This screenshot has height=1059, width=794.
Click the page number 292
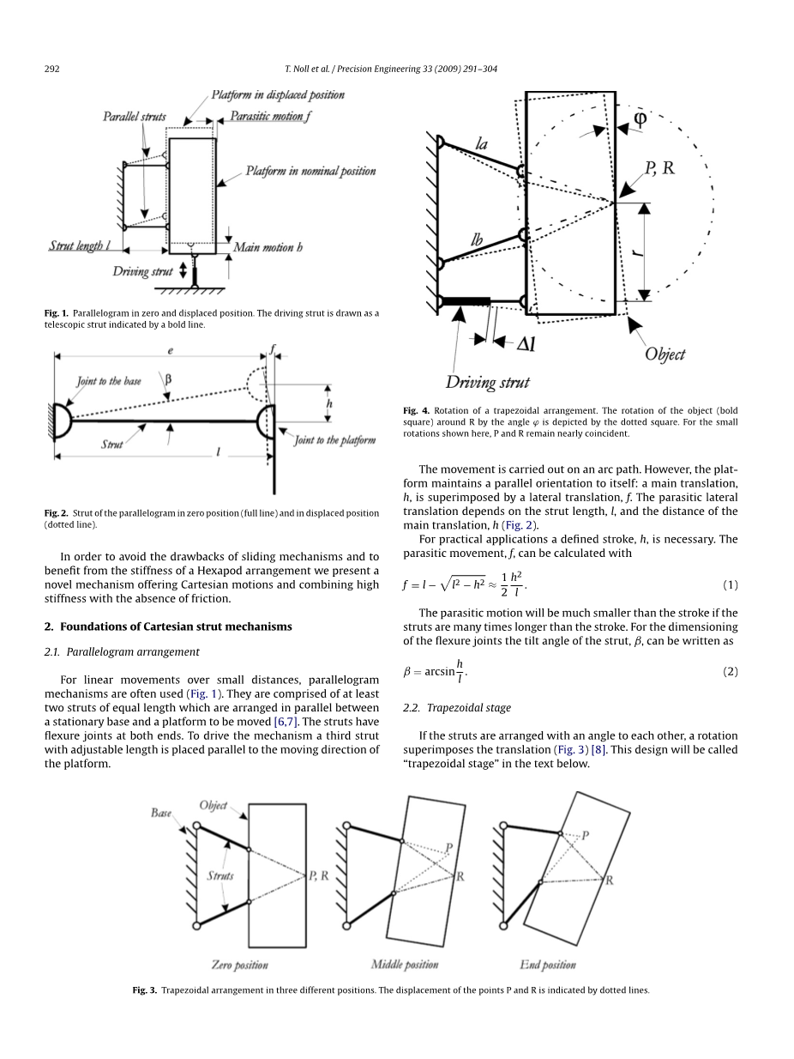point(52,69)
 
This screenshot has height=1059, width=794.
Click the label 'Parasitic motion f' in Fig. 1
point(270,116)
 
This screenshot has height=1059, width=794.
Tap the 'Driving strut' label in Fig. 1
point(142,271)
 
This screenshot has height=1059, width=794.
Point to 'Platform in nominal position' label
point(311,172)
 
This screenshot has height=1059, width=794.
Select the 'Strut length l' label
point(80,246)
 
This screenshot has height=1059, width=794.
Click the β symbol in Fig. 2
point(168,379)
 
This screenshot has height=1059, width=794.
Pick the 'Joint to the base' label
point(109,381)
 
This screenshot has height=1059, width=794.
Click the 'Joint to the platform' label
point(335,440)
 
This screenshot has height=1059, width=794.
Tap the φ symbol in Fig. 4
point(640,118)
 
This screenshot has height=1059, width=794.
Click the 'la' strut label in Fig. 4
point(482,144)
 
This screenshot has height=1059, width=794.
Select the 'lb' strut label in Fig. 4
point(477,239)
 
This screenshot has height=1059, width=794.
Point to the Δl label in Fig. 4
point(526,344)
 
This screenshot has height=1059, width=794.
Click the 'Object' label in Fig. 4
point(665,354)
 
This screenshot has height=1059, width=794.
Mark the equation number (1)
point(731,585)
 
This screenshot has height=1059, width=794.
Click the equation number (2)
point(731,672)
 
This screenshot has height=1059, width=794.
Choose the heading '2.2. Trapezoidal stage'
point(456,708)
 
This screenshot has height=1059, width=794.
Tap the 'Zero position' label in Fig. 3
point(239,965)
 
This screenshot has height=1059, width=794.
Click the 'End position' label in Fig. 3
point(548,965)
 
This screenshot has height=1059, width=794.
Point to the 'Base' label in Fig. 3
point(161,813)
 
